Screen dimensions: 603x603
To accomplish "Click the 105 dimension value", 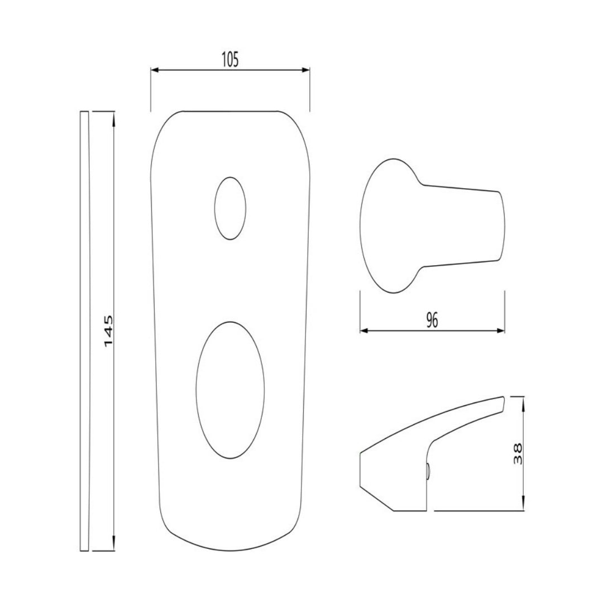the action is pos(230,60).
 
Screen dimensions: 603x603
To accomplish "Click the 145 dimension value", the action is pos(108,331).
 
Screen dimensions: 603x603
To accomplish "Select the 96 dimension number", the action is pos(432,320).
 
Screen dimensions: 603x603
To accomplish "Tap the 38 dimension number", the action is pos(518,454).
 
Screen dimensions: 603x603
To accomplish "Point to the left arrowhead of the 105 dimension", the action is pos(155,70).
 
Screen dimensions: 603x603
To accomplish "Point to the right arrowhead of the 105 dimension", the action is pos(306,70).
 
